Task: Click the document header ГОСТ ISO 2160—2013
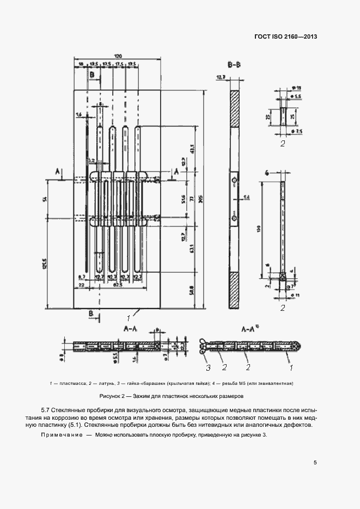pyautogui.click(x=285, y=37)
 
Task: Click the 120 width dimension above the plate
pyautogui.click(x=118, y=56)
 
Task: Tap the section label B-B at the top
pyautogui.click(x=235, y=65)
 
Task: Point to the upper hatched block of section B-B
pyautogui.click(x=235, y=109)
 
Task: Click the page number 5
pyautogui.click(x=315, y=463)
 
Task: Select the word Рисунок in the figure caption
pyautogui.click(x=112, y=396)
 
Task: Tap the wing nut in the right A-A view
pyautogui.click(x=202, y=344)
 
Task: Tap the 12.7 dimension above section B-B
pyautogui.click(x=221, y=77)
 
